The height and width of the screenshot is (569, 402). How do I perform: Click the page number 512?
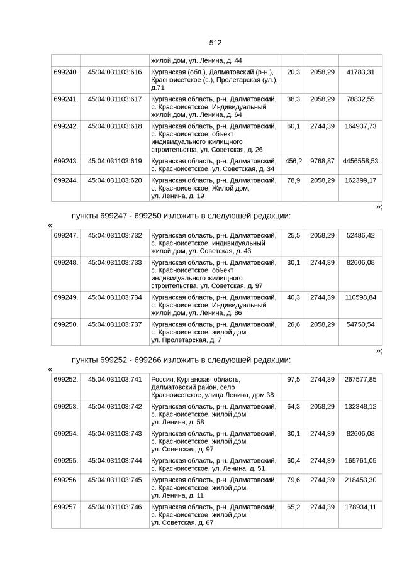(x=215, y=43)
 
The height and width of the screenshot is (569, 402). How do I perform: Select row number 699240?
(x=66, y=72)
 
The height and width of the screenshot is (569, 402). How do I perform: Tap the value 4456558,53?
(x=360, y=162)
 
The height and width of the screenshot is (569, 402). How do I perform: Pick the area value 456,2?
(x=293, y=162)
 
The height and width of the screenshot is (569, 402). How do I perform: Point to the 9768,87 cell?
(x=322, y=162)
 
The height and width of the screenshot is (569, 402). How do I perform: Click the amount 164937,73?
(x=360, y=126)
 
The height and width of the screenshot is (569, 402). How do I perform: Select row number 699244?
(x=66, y=180)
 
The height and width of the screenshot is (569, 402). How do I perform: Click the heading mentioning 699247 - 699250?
(x=181, y=216)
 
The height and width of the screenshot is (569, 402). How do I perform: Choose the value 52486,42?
(x=360, y=235)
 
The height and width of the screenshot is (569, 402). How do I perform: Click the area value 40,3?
(x=293, y=297)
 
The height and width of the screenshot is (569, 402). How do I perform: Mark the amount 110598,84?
(x=360, y=297)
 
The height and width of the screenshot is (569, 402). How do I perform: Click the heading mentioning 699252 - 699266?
(x=181, y=360)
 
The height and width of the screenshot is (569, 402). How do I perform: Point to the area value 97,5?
(x=293, y=380)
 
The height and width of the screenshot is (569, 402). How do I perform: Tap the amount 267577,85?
(x=360, y=380)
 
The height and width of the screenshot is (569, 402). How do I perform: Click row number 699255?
(x=66, y=461)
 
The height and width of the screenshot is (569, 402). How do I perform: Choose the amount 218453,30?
(x=360, y=480)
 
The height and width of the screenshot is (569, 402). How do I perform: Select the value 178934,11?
(x=360, y=507)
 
